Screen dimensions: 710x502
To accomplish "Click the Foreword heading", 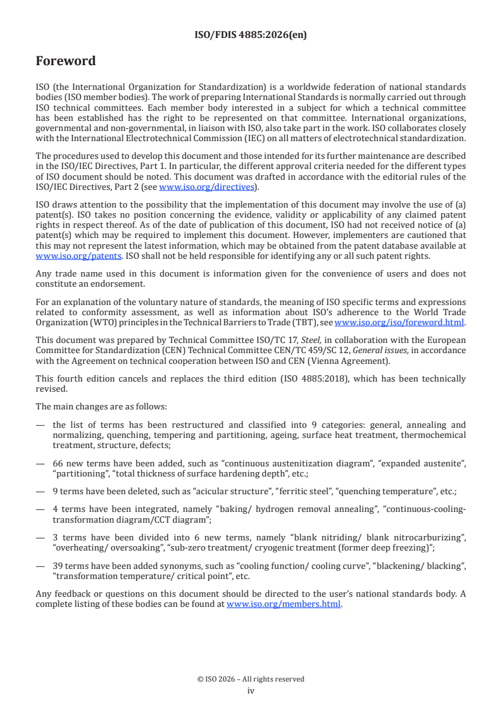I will (66, 61).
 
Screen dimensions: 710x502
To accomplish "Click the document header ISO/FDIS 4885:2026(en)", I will (250, 35).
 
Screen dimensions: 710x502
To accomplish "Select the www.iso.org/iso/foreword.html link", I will (399, 321).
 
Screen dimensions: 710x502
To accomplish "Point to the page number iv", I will (251, 691).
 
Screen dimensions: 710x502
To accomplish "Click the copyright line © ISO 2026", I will (251, 679).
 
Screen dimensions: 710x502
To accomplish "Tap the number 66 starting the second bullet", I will (58, 464).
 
